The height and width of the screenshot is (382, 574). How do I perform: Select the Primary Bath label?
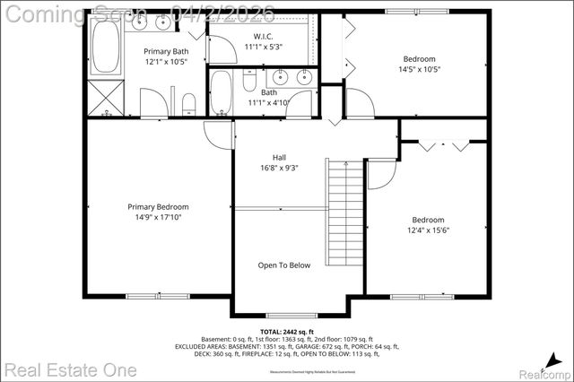[x=166, y=51]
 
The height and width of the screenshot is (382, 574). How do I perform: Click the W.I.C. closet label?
[x=263, y=36]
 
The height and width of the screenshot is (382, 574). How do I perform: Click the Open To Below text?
[x=284, y=265]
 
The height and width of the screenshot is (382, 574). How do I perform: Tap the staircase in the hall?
[x=344, y=211]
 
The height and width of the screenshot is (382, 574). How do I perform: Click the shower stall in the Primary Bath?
[x=105, y=98]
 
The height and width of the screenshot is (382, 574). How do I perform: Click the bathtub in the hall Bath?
[x=222, y=91]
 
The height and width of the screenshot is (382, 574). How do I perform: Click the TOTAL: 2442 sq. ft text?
[x=284, y=331]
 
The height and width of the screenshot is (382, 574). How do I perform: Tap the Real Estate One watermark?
[x=69, y=369]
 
